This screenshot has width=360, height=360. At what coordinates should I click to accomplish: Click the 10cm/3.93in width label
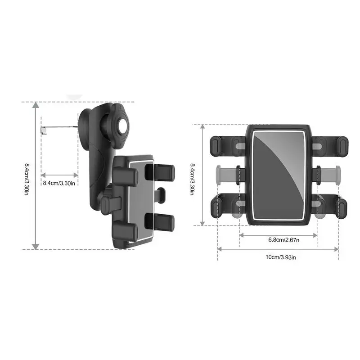point(278,257)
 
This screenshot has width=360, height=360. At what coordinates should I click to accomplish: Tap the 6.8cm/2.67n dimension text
point(278,239)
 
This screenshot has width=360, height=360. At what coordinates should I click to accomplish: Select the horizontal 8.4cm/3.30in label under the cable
point(59,183)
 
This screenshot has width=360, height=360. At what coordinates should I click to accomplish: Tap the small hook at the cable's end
point(43,130)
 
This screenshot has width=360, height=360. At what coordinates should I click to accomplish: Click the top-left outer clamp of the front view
point(216,144)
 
